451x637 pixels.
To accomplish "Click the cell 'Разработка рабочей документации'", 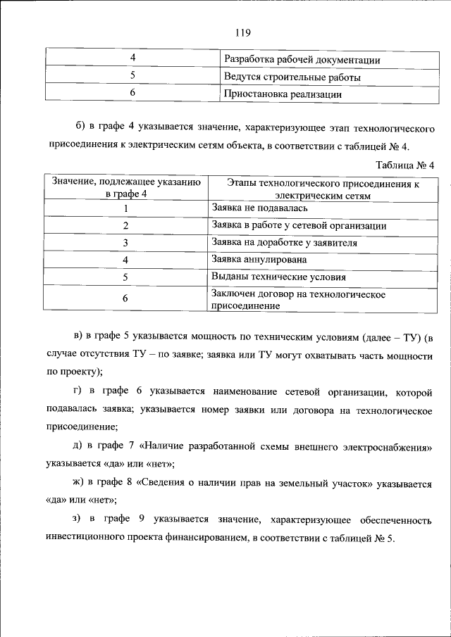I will (302, 60).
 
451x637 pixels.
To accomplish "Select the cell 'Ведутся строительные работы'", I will (292, 76).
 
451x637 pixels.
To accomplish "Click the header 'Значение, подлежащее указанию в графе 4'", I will (126, 187).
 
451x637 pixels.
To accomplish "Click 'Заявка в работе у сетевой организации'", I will (299, 225).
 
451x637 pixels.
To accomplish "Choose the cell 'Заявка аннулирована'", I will (259, 260).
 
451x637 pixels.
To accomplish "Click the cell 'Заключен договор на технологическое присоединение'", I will (297, 300).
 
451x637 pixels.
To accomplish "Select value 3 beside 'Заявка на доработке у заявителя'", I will (125, 243).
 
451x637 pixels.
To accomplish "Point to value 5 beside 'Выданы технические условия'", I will (125, 277).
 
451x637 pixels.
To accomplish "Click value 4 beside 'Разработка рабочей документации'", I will (132, 59).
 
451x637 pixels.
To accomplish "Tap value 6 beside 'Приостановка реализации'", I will (132, 92).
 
